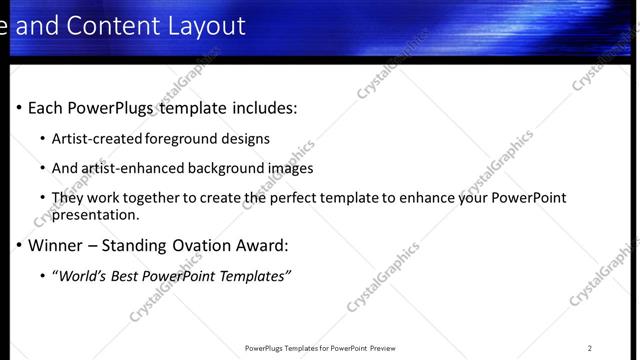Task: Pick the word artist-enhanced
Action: [x=127, y=169]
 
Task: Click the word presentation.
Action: [x=93, y=214]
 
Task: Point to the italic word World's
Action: [x=83, y=276]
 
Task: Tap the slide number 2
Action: [x=590, y=348]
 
